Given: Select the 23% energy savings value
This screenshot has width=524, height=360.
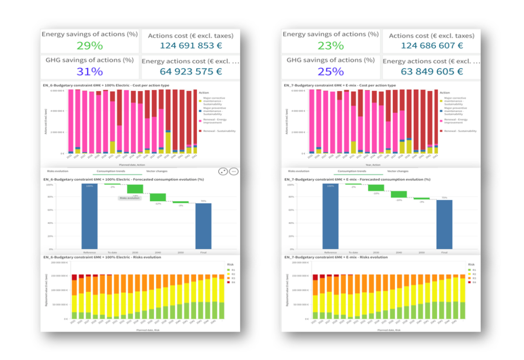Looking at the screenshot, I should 331,46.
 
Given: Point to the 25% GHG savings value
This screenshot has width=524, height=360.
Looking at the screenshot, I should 331,71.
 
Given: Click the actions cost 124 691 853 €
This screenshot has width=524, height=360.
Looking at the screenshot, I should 190,46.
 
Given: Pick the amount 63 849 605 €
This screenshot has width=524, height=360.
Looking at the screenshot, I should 431,71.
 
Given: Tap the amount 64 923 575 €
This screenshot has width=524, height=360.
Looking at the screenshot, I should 190,71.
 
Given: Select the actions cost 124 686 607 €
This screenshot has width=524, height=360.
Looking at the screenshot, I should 431,46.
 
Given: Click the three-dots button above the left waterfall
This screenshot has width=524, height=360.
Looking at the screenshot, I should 233,172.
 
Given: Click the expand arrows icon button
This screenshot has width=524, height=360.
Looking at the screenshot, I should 223,172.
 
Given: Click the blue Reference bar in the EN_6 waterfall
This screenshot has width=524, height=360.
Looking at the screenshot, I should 89,217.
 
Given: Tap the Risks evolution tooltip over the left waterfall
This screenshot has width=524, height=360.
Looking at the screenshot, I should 129,198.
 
